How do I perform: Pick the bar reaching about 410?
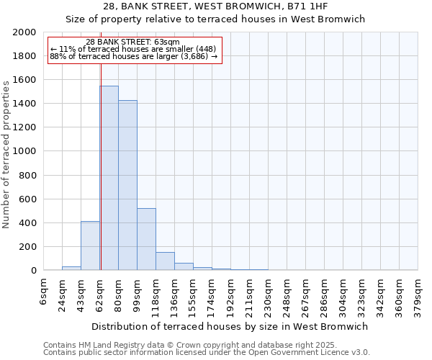[90, 246]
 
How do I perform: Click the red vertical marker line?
[101, 166]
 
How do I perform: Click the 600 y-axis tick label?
[27, 199]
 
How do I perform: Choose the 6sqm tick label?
[44, 292]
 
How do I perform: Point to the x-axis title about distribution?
[230, 326]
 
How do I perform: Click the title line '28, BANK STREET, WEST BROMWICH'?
[215, 6]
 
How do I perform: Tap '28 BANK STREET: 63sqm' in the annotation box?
[132, 42]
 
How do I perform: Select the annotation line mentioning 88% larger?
[133, 56]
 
